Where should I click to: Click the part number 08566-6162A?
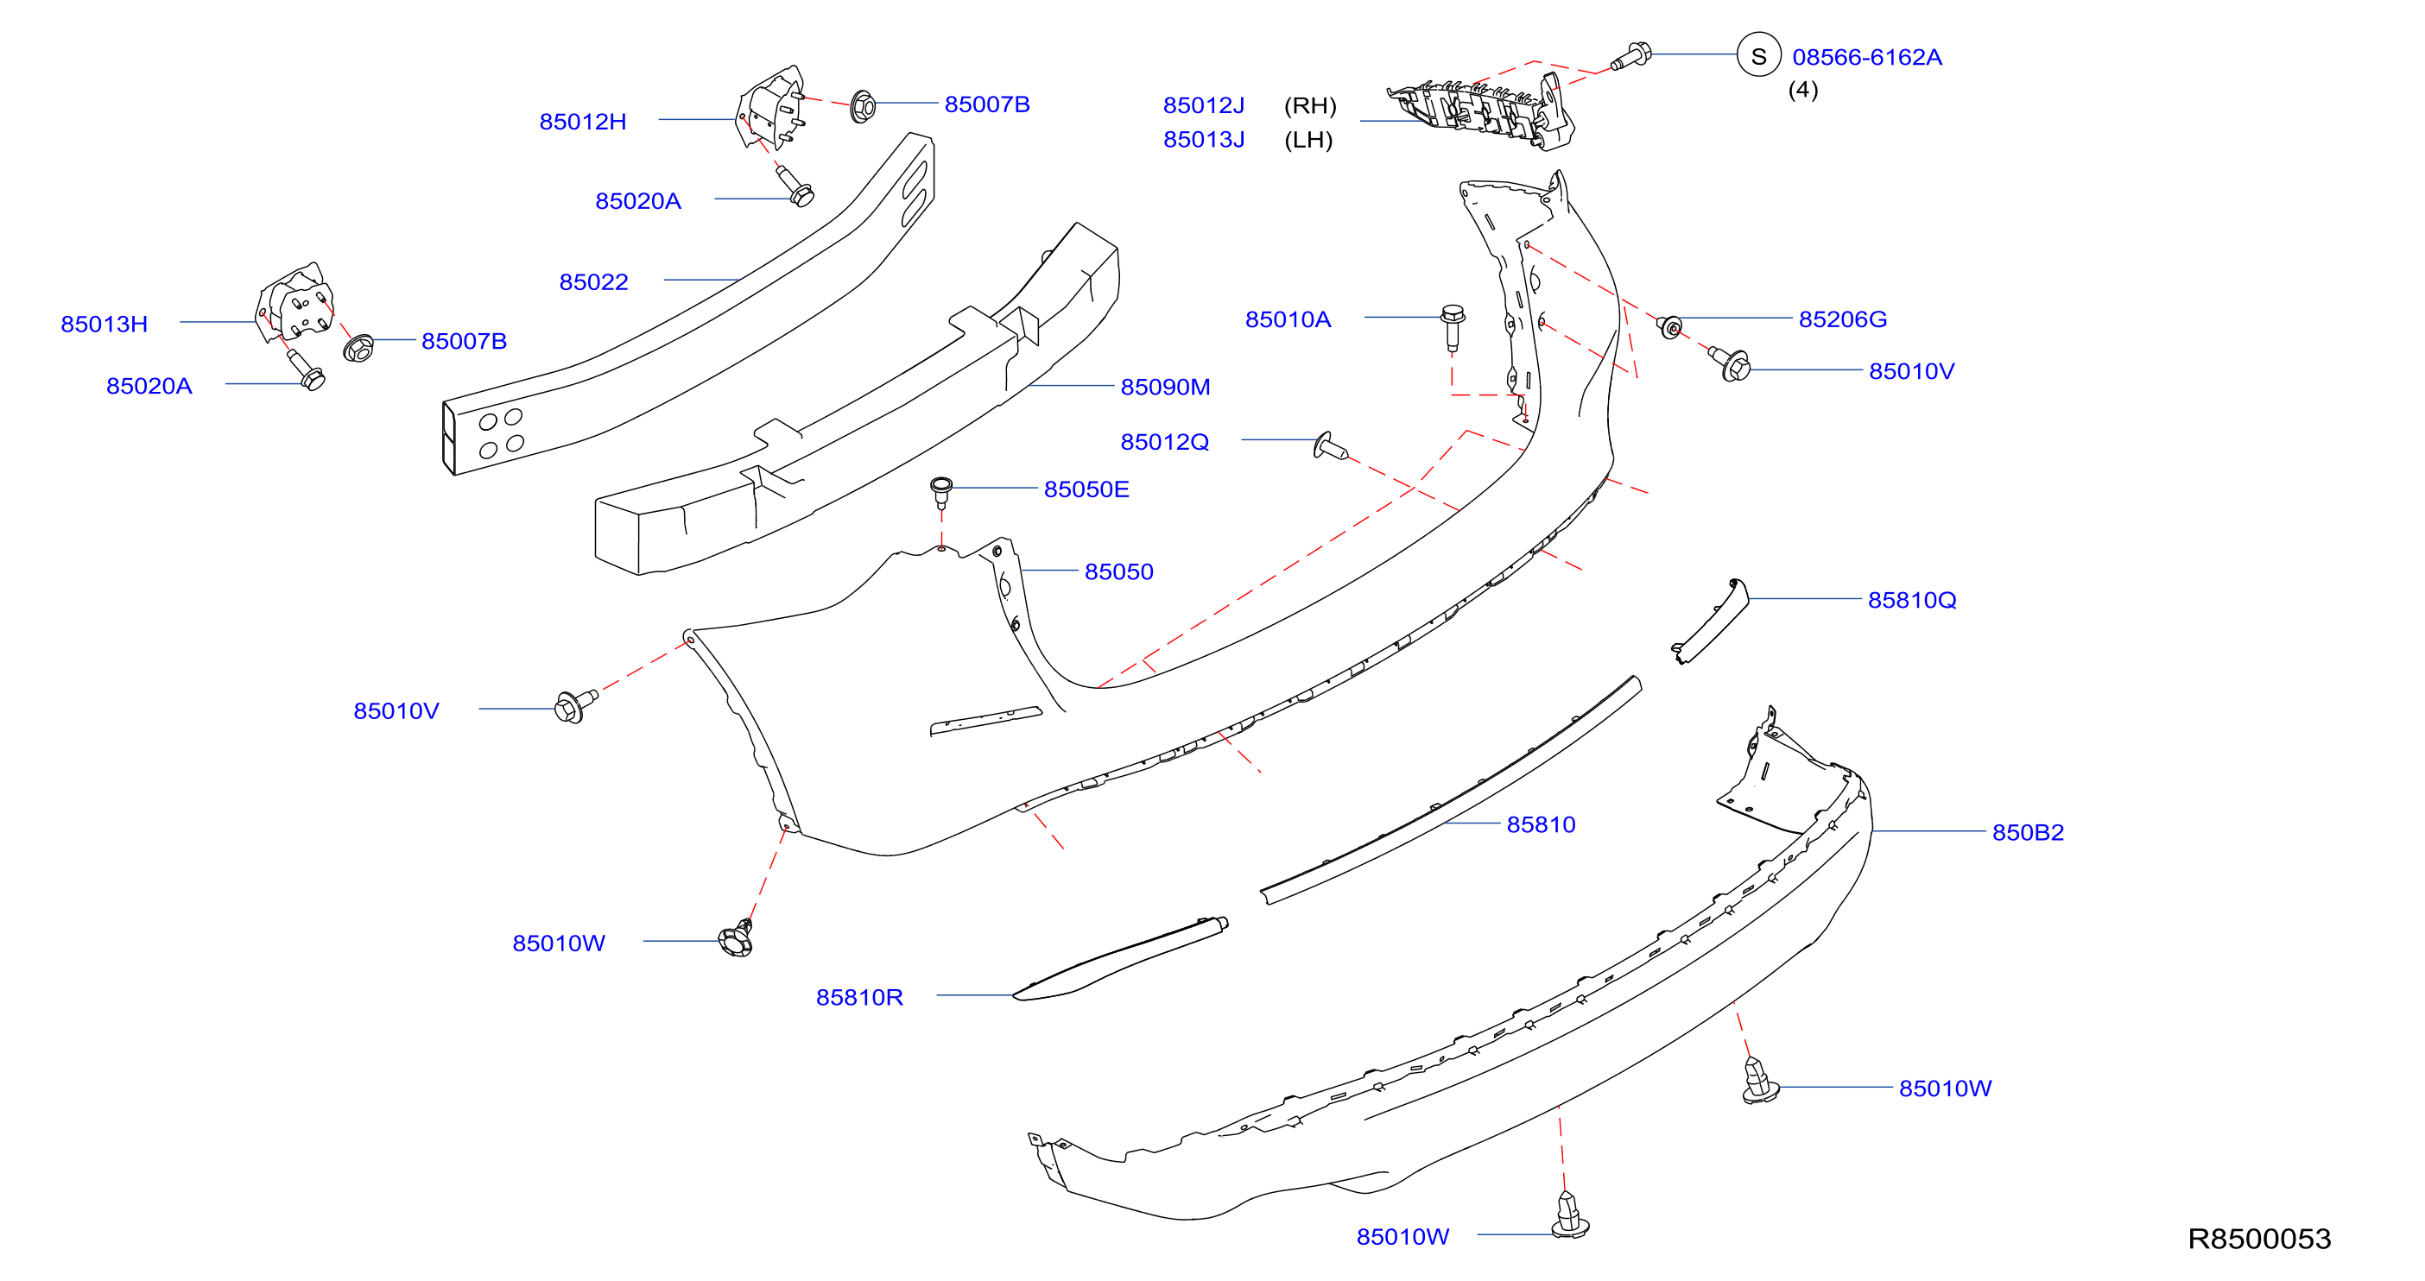tap(1867, 58)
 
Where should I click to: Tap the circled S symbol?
tap(1758, 56)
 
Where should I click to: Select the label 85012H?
tap(583, 122)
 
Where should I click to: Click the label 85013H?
tap(104, 324)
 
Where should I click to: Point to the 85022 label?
tap(594, 282)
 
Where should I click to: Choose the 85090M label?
tap(1165, 387)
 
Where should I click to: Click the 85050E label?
tap(1086, 489)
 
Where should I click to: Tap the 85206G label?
tap(1843, 319)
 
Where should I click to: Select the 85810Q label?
tap(1912, 601)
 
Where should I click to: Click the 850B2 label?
tap(2028, 833)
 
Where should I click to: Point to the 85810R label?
tap(859, 998)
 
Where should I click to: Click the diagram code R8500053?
tap(2259, 1239)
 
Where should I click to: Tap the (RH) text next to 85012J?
tap(1310, 105)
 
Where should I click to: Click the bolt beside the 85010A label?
tap(1453, 326)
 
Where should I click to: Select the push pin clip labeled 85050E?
tap(940, 493)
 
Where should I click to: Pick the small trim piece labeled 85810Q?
tap(1711, 622)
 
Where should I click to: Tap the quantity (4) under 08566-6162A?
tap(1802, 91)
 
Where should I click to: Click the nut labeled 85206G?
tap(1670, 327)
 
